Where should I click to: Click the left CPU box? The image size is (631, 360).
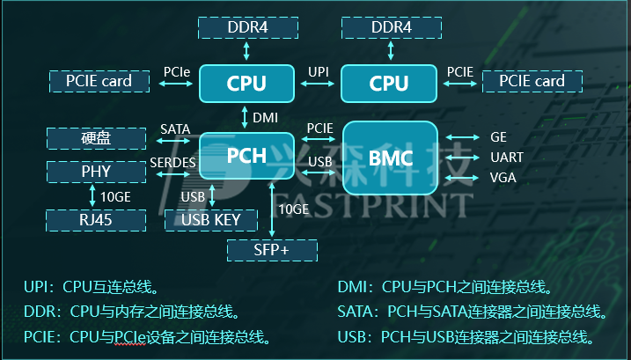tap(246, 84)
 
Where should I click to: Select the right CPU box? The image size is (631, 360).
tap(388, 84)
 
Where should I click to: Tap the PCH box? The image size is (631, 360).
tap(246, 156)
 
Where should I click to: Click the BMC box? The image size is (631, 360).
tap(390, 158)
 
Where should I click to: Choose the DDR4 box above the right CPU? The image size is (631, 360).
tap(391, 27)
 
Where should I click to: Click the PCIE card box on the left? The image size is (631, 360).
tap(99, 82)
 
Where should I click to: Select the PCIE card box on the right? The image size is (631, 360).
tap(532, 82)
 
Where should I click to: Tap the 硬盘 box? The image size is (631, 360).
tap(96, 138)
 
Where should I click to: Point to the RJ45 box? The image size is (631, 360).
tap(96, 219)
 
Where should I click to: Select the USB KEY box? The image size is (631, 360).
tap(210, 219)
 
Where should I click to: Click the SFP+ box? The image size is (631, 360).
tap(272, 251)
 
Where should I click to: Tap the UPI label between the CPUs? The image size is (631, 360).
tap(319, 70)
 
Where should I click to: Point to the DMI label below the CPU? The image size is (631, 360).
tap(265, 116)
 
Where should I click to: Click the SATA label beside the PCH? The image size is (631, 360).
tap(175, 129)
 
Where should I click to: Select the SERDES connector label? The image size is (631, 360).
tap(172, 163)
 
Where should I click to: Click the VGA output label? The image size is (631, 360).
tap(503, 178)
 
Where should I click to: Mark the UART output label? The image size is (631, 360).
tap(507, 158)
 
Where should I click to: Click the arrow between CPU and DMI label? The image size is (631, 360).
tap(246, 116)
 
